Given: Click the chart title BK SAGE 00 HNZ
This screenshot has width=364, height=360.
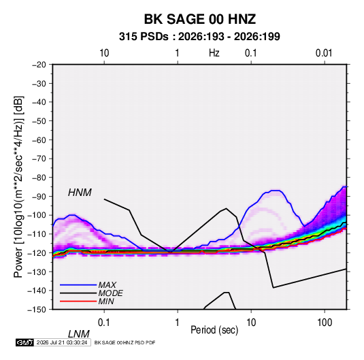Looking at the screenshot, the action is pyautogui.click(x=200, y=19).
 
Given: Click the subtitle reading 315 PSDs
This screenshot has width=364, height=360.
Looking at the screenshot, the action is pyautogui.click(x=144, y=37).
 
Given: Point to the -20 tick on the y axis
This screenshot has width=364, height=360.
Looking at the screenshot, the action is pyautogui.click(x=39, y=65).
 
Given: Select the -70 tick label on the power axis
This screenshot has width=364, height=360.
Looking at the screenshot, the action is pyautogui.click(x=39, y=159).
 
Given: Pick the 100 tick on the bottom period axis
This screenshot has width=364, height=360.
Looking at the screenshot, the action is pyautogui.click(x=325, y=323).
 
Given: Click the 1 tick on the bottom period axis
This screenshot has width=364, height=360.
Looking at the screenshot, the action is pyautogui.click(x=178, y=323).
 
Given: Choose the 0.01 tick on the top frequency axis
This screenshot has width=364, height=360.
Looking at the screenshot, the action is pyautogui.click(x=324, y=53).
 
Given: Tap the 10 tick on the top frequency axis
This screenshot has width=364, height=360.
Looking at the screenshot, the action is pyautogui.click(x=104, y=53).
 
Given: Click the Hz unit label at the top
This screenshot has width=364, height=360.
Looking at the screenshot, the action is pyautogui.click(x=214, y=53).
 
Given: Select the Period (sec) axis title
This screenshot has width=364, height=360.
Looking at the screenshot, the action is pyautogui.click(x=214, y=330).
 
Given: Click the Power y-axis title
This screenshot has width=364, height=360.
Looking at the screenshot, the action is pyautogui.click(x=18, y=186).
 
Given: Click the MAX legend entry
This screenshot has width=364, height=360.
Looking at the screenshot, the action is pyautogui.click(x=107, y=284).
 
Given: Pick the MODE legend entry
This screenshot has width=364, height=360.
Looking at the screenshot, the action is pyautogui.click(x=110, y=293).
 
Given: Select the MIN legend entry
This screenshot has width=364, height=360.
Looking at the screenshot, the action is pyautogui.click(x=106, y=301).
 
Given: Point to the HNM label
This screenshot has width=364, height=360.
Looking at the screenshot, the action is pyautogui.click(x=80, y=193).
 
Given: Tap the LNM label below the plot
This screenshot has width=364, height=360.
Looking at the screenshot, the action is pyautogui.click(x=79, y=334).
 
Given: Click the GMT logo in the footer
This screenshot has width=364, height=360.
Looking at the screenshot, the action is pyautogui.click(x=25, y=342).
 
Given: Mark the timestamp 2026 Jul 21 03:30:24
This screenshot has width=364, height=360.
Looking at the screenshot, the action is pyautogui.click(x=62, y=342).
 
